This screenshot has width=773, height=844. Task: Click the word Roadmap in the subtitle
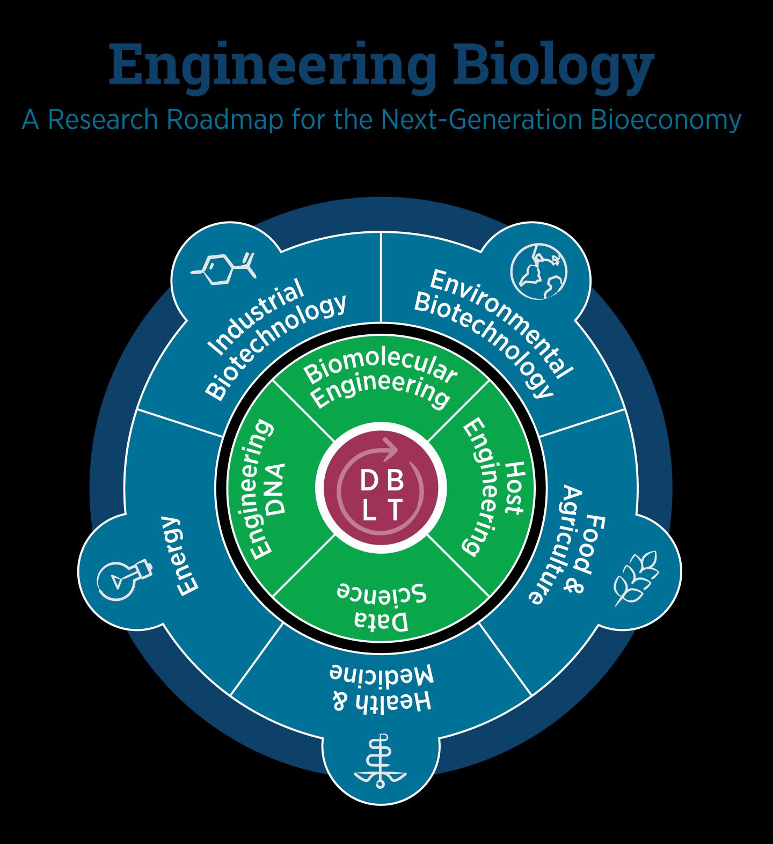pyautogui.click(x=224, y=120)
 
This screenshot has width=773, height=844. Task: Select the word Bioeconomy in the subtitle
pyautogui.click(x=666, y=120)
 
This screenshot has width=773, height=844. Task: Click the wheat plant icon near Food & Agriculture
pyautogui.click(x=637, y=578)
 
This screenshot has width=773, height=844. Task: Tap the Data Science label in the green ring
pyautogui.click(x=381, y=606)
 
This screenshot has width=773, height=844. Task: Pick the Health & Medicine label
pyautogui.click(x=381, y=689)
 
